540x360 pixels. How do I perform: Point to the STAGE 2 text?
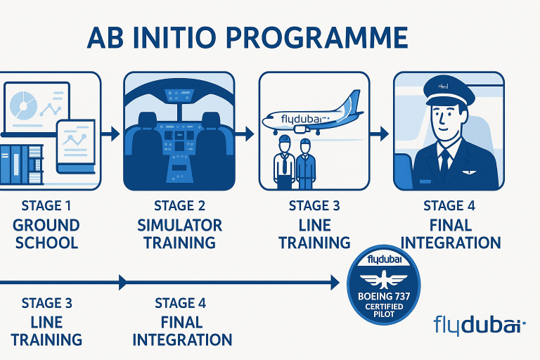(179, 206)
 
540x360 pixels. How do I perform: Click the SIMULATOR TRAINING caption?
(179, 235)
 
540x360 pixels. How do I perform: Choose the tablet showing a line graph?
(76, 146)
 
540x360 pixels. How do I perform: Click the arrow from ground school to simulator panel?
(109, 131)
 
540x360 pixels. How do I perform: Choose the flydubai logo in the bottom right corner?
(480, 326)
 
